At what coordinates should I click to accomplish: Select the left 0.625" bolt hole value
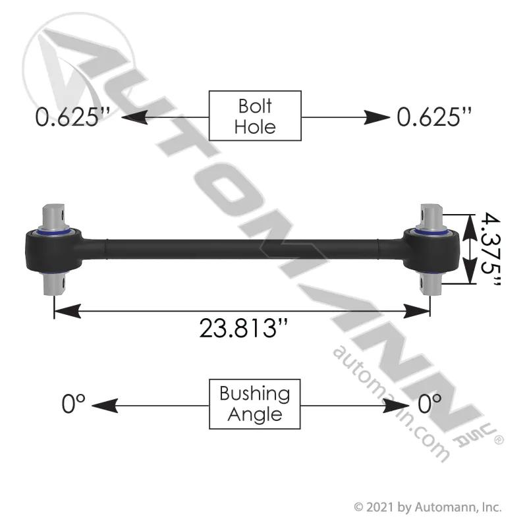pos(72,117)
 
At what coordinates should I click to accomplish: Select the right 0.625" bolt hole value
pos(434,117)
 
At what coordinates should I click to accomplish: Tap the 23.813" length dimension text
pos(244,328)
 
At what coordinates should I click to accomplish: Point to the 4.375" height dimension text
pos(490,249)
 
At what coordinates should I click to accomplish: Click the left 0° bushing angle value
pos(73,403)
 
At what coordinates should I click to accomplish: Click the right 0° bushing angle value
pos(430,403)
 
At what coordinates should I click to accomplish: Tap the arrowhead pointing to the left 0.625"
pos(134,117)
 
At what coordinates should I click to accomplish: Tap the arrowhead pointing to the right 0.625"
pos(377,117)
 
